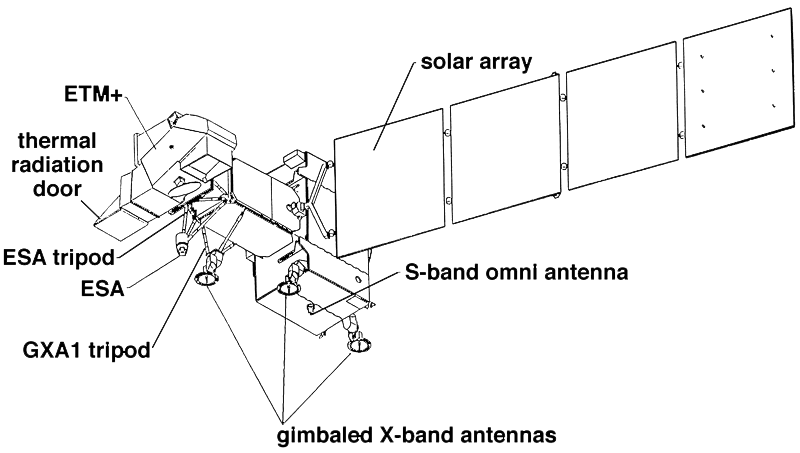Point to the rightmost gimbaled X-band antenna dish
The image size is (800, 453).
(358, 346)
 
